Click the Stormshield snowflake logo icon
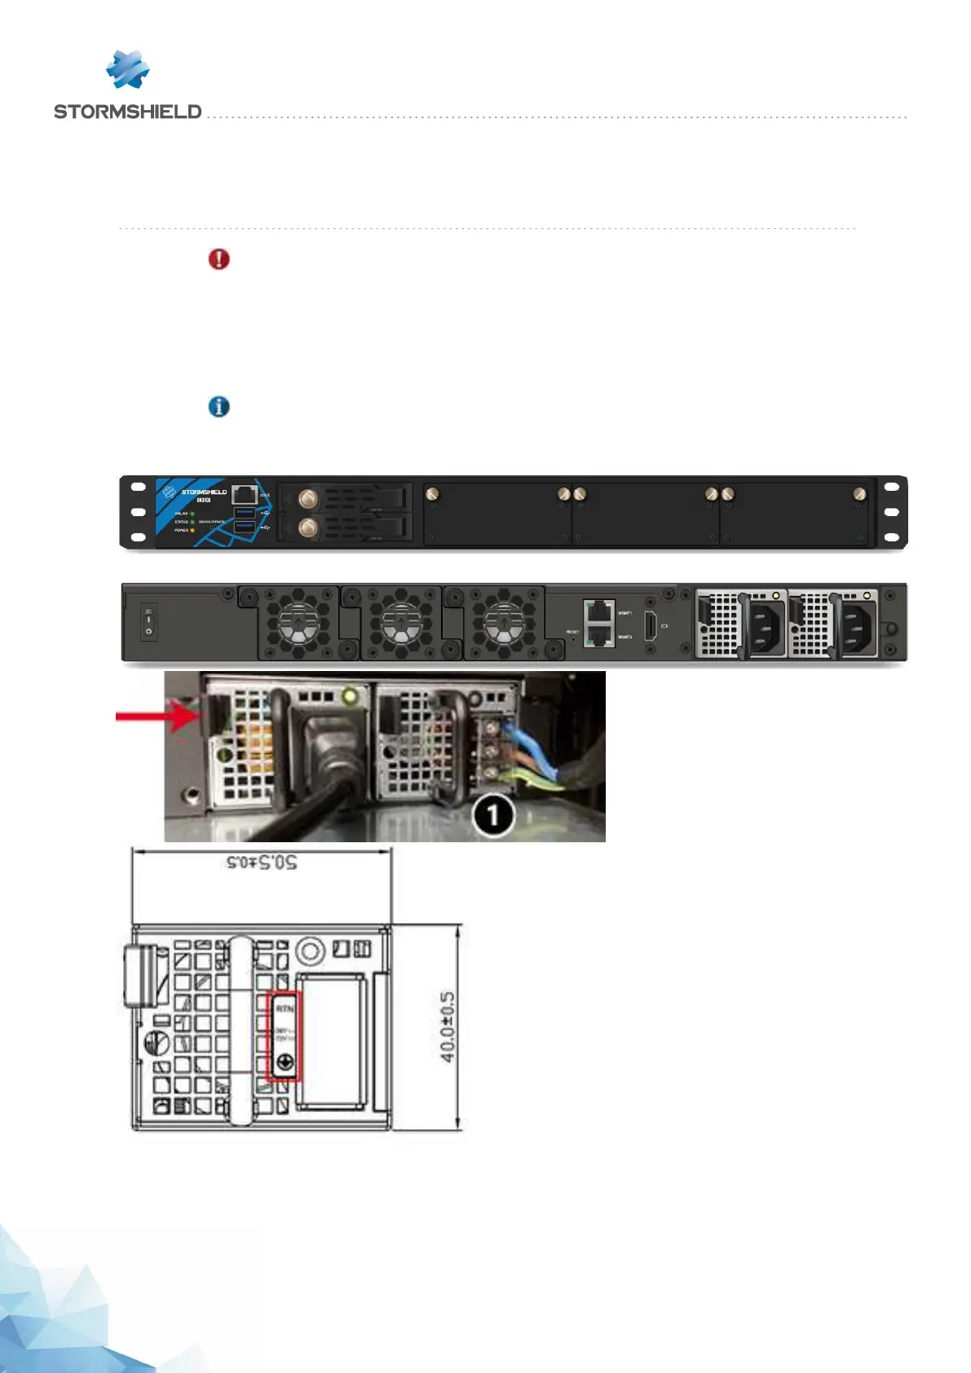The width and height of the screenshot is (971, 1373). pyautogui.click(x=127, y=69)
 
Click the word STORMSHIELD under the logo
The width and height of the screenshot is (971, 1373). pyautogui.click(x=127, y=112)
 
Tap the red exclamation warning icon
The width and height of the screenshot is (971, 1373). pyautogui.click(x=219, y=259)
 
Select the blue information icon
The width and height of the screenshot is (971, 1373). pyautogui.click(x=219, y=406)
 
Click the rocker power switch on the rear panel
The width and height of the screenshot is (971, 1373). pyautogui.click(x=148, y=621)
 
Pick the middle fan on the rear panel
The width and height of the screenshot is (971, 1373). pyautogui.click(x=401, y=624)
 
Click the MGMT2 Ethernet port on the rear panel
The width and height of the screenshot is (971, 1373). pyautogui.click(x=599, y=635)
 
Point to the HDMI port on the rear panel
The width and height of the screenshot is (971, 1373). pyautogui.click(x=651, y=625)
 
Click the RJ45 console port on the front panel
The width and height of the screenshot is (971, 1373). pyautogui.click(x=244, y=494)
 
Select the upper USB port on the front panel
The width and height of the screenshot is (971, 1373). pyautogui.click(x=245, y=513)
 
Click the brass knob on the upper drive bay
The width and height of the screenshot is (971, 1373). pyautogui.click(x=308, y=498)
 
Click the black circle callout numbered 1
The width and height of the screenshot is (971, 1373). pyautogui.click(x=492, y=815)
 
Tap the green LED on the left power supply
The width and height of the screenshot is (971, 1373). pyautogui.click(x=351, y=696)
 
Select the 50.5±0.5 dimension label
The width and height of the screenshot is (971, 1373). pyautogui.click(x=261, y=862)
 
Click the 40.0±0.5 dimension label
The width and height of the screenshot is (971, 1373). pyautogui.click(x=448, y=1026)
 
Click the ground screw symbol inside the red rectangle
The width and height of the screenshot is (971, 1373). pyautogui.click(x=285, y=1062)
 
